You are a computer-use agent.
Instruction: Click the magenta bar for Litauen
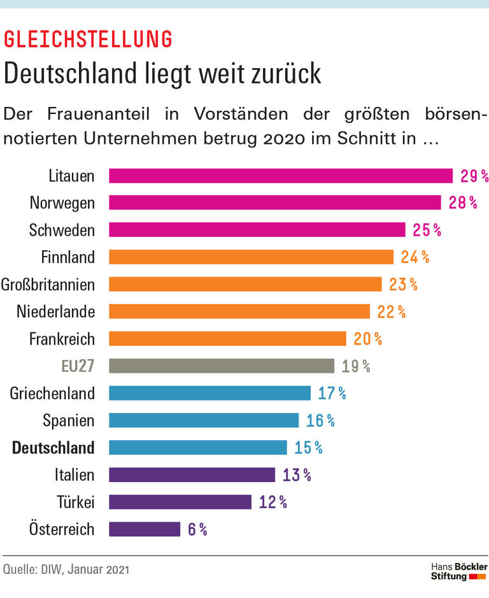click(280, 176)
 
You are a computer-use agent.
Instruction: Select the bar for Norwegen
click(274, 203)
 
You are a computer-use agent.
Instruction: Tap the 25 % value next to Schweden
click(428, 230)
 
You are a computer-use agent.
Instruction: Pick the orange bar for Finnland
click(251, 257)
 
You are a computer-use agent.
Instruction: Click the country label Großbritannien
click(48, 284)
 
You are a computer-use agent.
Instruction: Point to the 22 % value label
click(392, 311)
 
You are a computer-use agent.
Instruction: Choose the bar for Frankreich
click(227, 338)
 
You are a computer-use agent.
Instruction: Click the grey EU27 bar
click(222, 366)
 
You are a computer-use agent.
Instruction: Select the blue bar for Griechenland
click(209, 393)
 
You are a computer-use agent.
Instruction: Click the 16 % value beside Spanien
click(322, 420)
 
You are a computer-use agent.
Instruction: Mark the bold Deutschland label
click(53, 448)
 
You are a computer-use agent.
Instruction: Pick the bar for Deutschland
click(198, 447)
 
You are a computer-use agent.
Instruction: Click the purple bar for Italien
click(192, 474)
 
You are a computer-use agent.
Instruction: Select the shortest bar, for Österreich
click(145, 529)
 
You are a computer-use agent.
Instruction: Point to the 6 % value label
click(197, 529)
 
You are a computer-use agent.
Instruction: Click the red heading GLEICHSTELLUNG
click(88, 39)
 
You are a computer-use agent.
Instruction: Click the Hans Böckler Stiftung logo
click(458, 571)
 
